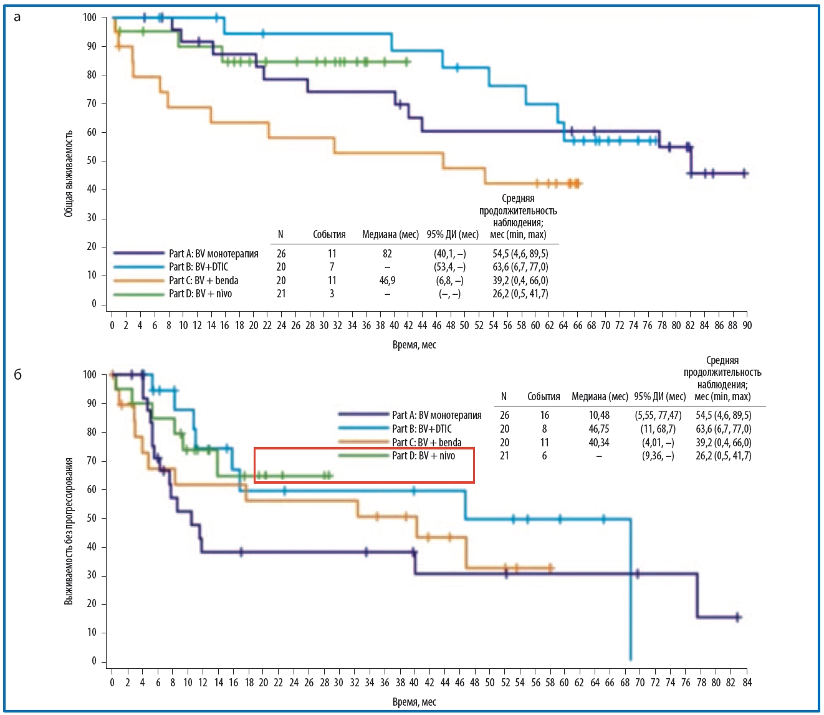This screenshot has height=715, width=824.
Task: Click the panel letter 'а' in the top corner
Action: (x=17, y=17)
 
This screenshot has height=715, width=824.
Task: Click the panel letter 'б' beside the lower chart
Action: (x=17, y=375)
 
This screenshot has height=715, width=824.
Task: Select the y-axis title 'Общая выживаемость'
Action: (x=69, y=173)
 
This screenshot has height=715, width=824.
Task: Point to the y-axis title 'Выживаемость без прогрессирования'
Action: (x=69, y=530)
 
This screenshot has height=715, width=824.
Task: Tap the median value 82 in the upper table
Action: (x=387, y=254)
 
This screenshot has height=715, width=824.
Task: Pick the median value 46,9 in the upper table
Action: (x=387, y=281)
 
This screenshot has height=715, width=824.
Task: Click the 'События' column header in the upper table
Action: (x=329, y=235)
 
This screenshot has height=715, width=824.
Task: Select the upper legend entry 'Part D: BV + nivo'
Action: (x=200, y=294)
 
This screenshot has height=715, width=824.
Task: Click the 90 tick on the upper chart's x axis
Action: (x=747, y=325)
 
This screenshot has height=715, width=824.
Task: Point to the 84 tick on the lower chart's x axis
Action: (x=747, y=683)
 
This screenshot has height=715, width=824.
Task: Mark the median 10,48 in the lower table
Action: (x=599, y=415)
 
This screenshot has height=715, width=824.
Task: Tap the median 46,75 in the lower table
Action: (x=599, y=429)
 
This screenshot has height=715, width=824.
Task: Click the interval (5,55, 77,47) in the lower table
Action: (x=658, y=415)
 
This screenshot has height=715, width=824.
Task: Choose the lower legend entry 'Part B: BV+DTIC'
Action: (x=422, y=429)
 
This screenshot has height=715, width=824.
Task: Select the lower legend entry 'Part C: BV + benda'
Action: (x=426, y=443)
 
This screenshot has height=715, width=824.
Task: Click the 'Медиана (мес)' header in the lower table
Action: (x=600, y=396)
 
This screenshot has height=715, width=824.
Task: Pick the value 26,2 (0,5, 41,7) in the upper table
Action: (x=520, y=294)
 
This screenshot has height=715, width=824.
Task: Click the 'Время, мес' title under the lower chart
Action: (x=414, y=702)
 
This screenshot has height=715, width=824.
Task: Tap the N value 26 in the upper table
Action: (x=281, y=254)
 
